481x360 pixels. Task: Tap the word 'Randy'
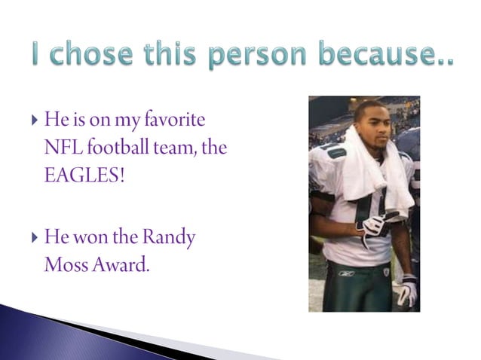(167, 239)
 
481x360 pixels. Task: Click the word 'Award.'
(122, 264)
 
